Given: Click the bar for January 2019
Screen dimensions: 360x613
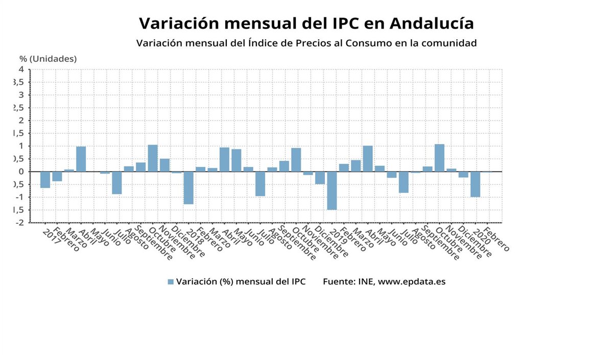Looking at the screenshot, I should click(x=332, y=190).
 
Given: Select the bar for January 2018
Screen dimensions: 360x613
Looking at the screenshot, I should click(x=188, y=188).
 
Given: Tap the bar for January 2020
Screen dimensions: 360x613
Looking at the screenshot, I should click(x=475, y=184).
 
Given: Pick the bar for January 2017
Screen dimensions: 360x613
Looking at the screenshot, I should click(x=45, y=180).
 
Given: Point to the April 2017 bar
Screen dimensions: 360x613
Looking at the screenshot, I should click(x=81, y=159).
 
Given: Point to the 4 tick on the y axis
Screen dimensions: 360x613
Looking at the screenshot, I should click(x=21, y=69).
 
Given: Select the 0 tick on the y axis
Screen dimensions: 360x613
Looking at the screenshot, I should click(x=21, y=172).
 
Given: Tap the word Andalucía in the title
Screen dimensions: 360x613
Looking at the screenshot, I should click(x=431, y=23).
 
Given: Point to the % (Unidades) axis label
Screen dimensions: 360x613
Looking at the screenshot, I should click(x=48, y=59).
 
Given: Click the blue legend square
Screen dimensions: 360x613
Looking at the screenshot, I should click(x=171, y=282).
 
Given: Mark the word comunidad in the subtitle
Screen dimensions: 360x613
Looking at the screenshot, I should click(x=450, y=43).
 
